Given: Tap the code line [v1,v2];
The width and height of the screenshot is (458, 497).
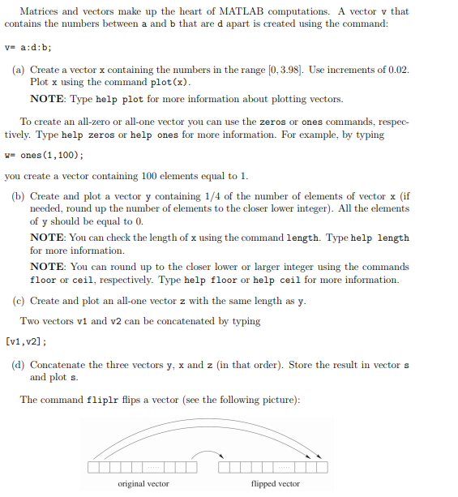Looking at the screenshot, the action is click(25, 341).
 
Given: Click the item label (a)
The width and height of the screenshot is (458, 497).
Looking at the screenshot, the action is click(19, 71).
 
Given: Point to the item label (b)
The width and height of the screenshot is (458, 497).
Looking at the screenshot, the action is click(19, 196).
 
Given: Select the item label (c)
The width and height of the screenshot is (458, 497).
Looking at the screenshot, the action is click(19, 301).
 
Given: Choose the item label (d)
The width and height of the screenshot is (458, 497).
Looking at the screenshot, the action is click(19, 365).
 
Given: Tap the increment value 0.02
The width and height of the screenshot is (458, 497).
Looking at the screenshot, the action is click(396, 71).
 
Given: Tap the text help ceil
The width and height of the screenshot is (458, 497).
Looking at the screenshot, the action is click(278, 280).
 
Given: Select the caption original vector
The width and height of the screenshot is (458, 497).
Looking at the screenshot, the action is click(143, 484).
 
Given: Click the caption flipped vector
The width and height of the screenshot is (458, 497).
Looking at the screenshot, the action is click(275, 484).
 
